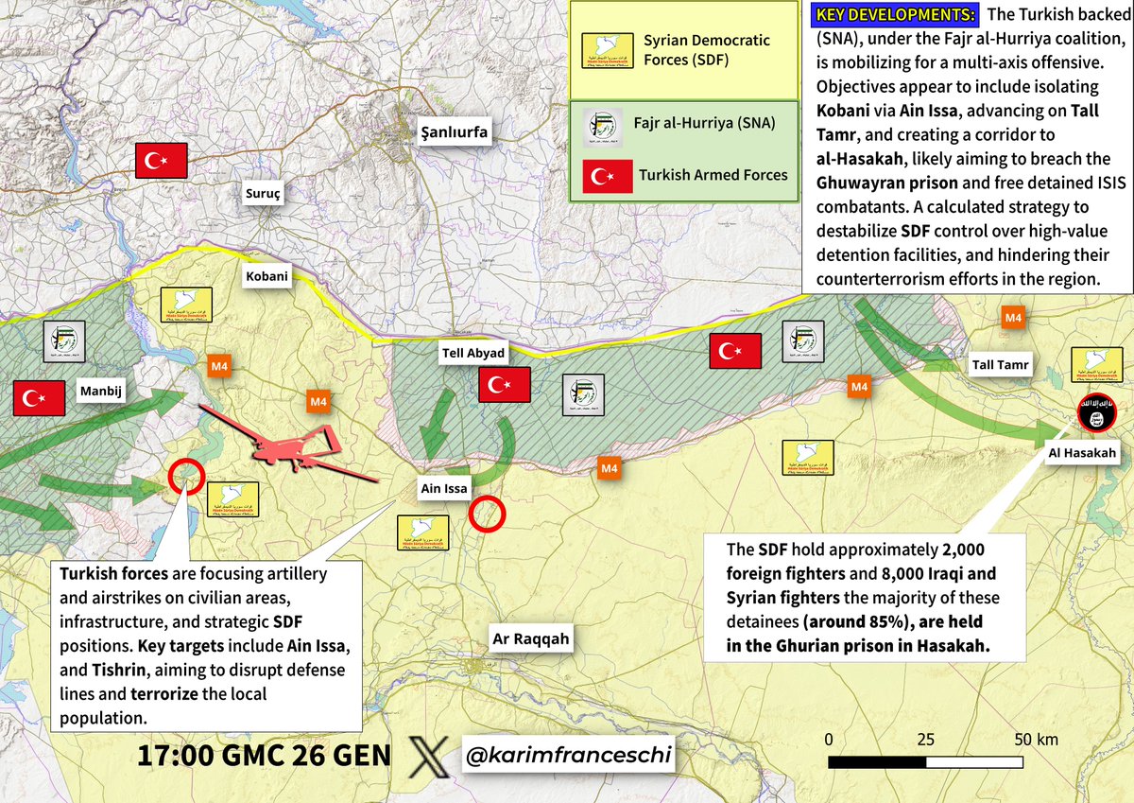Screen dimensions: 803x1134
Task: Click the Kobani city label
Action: pyautogui.click(x=267, y=277)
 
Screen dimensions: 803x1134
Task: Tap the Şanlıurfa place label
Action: pyautogui.click(x=454, y=131)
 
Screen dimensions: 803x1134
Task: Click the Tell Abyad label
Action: pyautogui.click(x=474, y=353)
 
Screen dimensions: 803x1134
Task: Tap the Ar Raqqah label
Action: pyautogui.click(x=531, y=638)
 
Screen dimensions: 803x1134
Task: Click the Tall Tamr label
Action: pyautogui.click(x=1000, y=365)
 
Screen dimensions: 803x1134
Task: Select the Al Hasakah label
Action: pyautogui.click(x=1083, y=453)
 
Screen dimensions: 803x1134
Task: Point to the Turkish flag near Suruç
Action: pyautogui.click(x=162, y=163)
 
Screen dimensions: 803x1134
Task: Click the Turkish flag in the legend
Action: pyautogui.click(x=606, y=174)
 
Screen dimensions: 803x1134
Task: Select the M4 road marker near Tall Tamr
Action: pyautogui.click(x=1013, y=319)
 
